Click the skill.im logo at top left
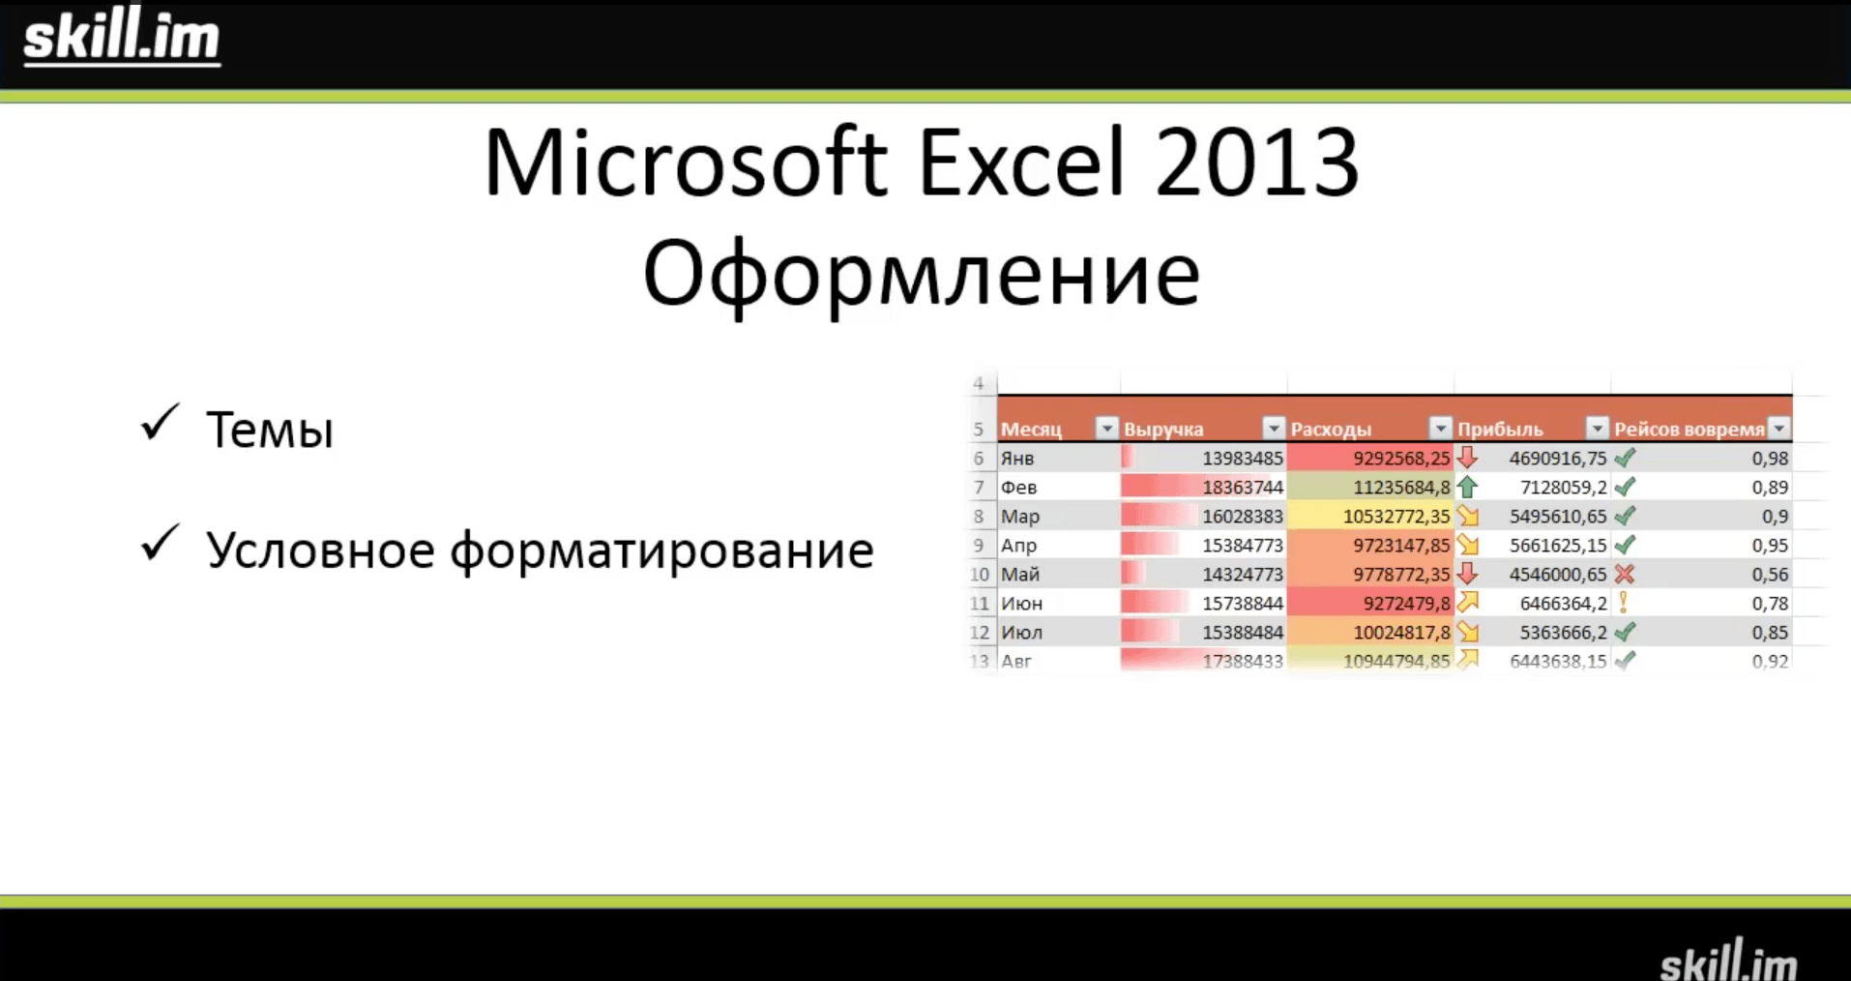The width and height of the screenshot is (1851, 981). click(x=122, y=37)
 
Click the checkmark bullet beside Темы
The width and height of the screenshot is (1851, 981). click(x=160, y=423)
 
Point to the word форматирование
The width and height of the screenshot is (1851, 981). click(x=662, y=551)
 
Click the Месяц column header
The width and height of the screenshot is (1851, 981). click(x=1031, y=429)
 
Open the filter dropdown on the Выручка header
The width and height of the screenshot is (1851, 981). click(x=1274, y=429)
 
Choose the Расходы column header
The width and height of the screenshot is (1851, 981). click(x=1331, y=429)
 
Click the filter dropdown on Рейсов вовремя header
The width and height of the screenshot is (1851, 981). click(x=1778, y=429)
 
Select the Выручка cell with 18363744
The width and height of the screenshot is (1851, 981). click(x=1243, y=488)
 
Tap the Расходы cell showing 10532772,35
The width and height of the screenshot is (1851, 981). click(x=1396, y=517)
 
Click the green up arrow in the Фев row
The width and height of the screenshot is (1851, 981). click(x=1467, y=487)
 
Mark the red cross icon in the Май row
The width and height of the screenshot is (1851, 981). click(x=1625, y=574)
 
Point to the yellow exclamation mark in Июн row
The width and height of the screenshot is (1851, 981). click(x=1624, y=603)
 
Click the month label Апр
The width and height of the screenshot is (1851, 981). click(x=1019, y=546)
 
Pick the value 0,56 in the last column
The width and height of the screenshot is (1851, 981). click(x=1770, y=575)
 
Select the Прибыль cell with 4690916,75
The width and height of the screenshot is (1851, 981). click(x=1558, y=459)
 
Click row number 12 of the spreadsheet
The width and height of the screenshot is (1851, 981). click(x=980, y=633)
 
